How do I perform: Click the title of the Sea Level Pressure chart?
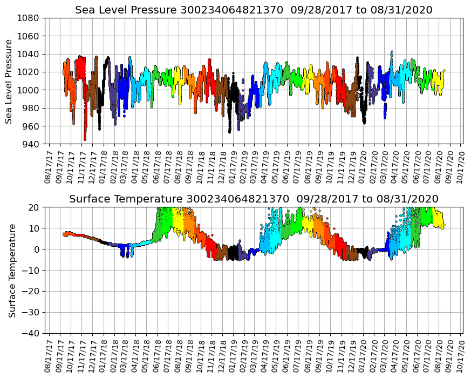[254, 10]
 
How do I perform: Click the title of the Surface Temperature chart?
[254, 199]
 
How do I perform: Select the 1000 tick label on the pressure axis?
[30, 90]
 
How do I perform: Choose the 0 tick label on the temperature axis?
[38, 249]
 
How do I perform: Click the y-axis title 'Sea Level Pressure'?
[10, 81]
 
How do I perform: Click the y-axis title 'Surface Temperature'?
[12, 270]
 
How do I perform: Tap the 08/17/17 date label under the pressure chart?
[49, 165]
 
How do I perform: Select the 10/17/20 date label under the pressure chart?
[461, 165]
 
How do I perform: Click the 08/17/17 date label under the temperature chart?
[49, 354]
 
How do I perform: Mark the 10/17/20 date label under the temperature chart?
[461, 354]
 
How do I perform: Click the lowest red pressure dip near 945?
[85, 138]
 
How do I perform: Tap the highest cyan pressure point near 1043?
[392, 52]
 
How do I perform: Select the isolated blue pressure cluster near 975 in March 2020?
[385, 111]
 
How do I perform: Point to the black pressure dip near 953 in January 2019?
[230, 131]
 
